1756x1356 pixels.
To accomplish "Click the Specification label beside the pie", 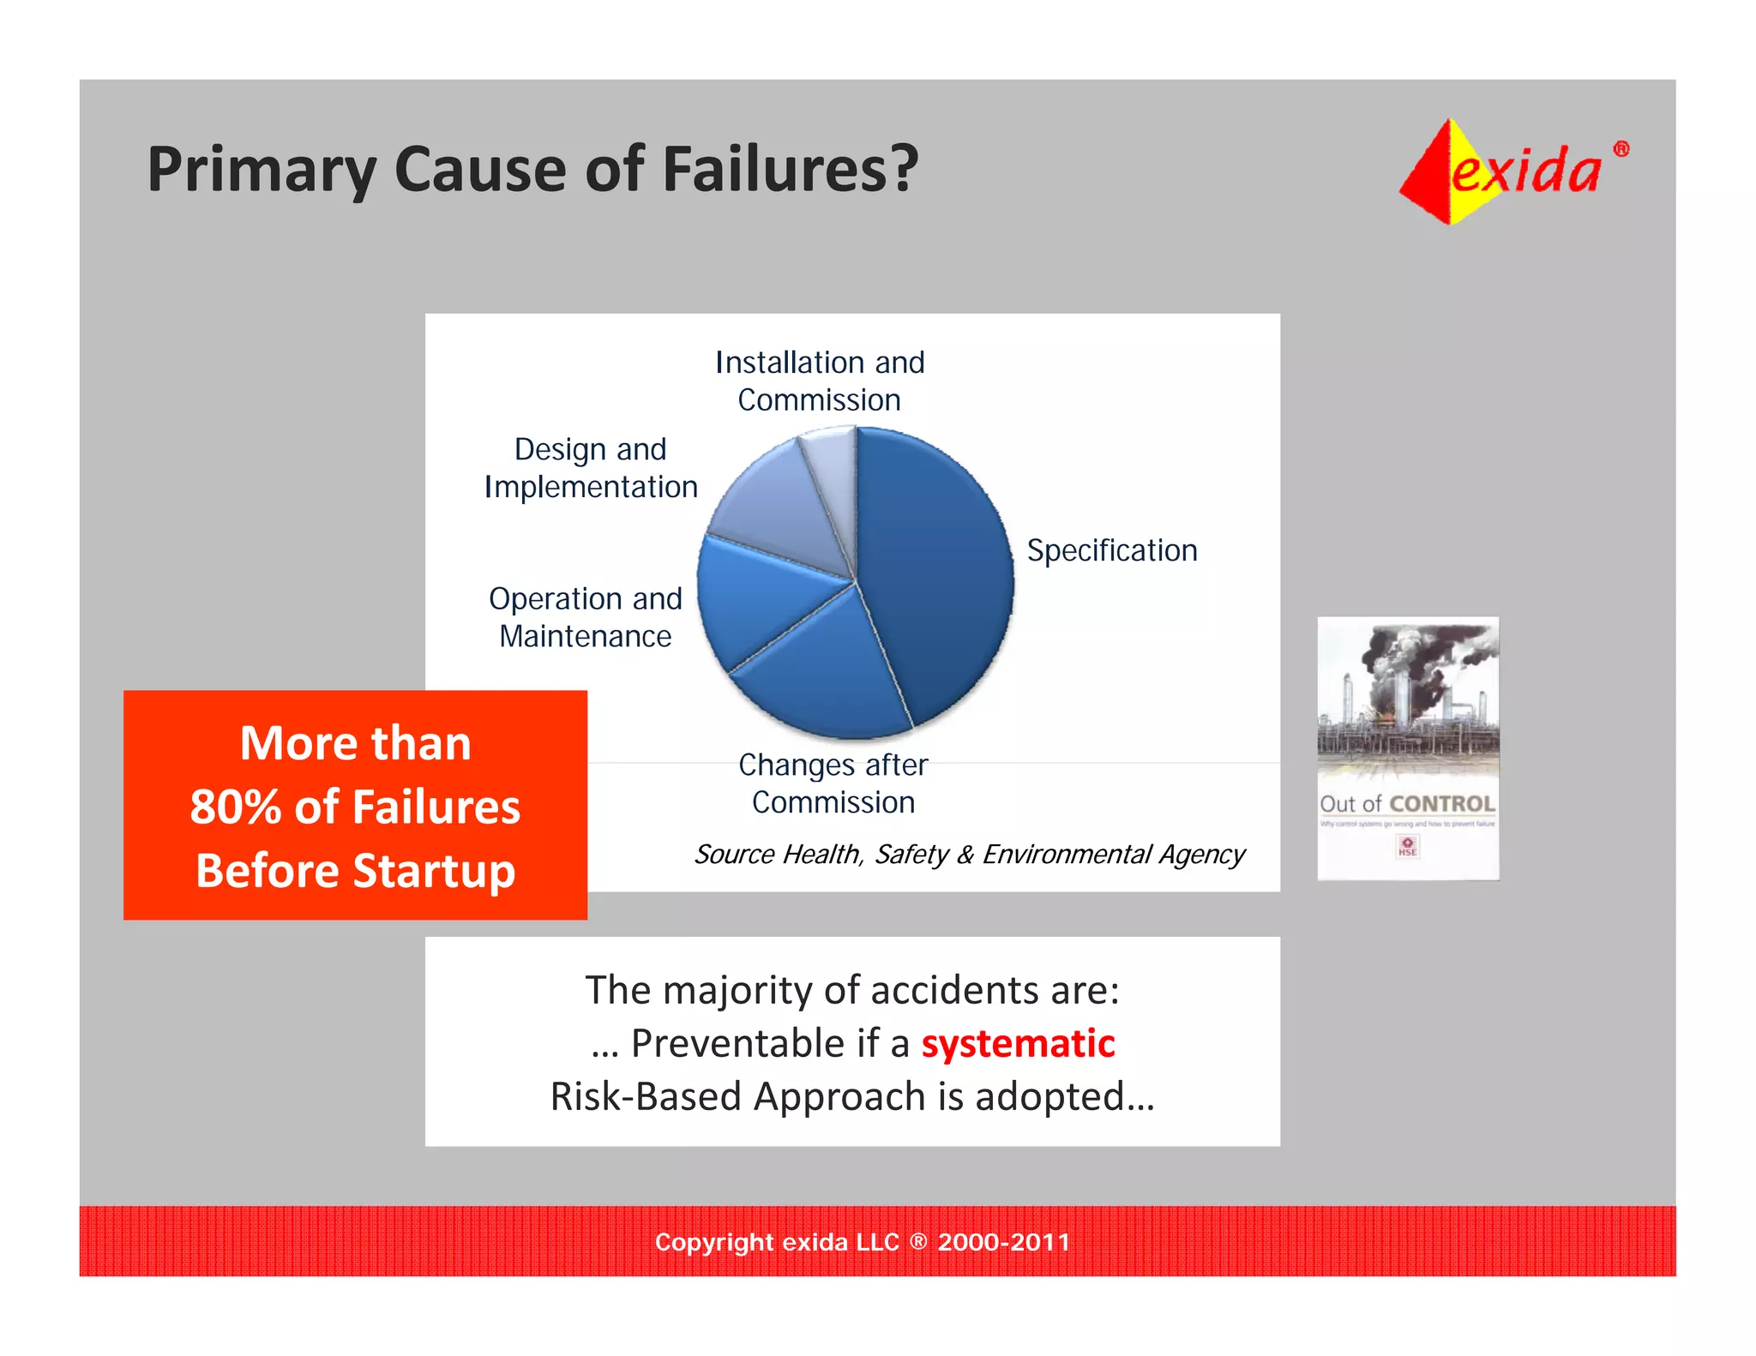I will click(1111, 550).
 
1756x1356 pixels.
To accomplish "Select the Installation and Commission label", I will click(820, 381).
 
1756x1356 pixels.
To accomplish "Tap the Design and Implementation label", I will click(591, 468).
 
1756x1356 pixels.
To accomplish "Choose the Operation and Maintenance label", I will click(586, 617).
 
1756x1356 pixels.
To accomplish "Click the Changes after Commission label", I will click(833, 783).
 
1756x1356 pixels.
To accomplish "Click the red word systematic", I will click(1018, 1044).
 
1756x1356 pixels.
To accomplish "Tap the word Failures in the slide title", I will click(789, 169).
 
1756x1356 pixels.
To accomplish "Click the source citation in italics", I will click(969, 855).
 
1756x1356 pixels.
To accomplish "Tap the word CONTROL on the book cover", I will click(1442, 804).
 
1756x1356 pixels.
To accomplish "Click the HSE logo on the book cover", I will click(1407, 847).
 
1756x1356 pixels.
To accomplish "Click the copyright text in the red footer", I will click(862, 1242).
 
